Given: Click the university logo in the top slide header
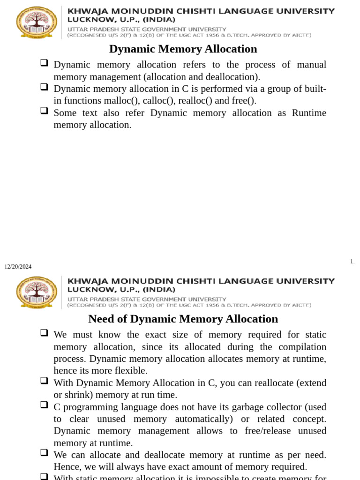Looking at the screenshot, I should (37, 22).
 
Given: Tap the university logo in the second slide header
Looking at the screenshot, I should (37, 292).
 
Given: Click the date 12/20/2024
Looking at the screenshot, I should (18, 267).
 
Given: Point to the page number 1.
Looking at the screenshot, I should (352, 262).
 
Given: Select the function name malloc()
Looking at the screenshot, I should (123, 101).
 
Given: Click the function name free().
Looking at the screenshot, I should (244, 101).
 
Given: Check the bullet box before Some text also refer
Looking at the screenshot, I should (44, 111).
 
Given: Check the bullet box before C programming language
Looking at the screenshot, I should (44, 405).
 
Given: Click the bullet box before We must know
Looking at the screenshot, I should (44, 332).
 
